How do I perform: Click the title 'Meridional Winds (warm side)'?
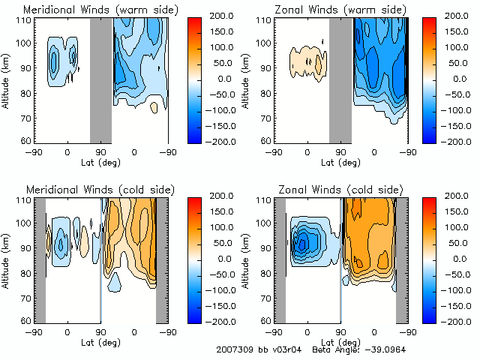click(x=101, y=9)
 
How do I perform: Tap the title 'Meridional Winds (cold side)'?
click(x=100, y=191)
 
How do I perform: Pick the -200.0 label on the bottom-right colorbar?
click(x=460, y=320)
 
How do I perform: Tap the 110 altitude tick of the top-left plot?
click(x=25, y=19)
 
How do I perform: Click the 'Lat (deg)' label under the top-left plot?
click(x=100, y=160)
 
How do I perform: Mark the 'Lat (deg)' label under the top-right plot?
click(x=340, y=160)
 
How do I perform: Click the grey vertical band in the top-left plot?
click(x=100, y=79)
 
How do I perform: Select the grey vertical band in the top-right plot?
click(x=340, y=79)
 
